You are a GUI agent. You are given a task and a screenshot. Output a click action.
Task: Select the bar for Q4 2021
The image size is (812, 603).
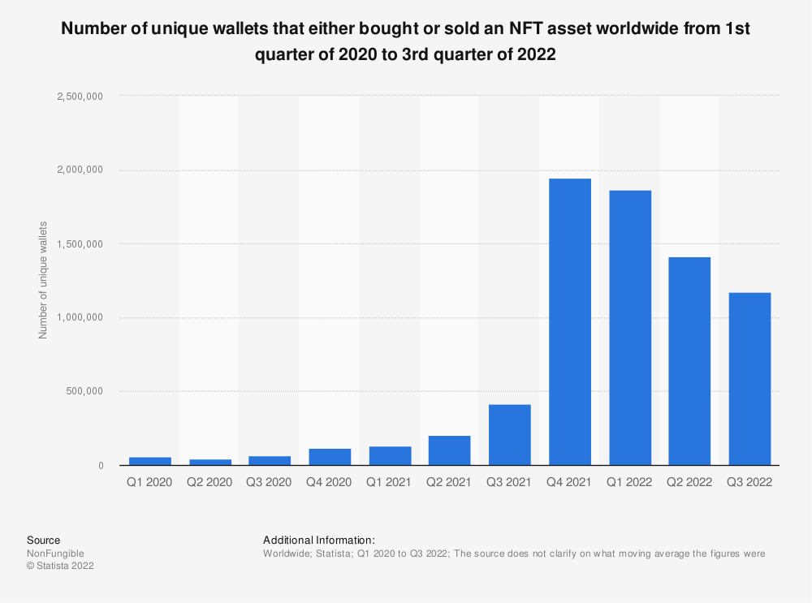(570, 322)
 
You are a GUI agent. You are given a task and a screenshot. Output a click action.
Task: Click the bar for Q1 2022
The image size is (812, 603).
(630, 328)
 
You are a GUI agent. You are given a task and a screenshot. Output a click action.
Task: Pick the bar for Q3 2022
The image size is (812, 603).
(749, 379)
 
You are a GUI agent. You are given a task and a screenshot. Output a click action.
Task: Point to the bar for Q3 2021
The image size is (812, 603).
(510, 435)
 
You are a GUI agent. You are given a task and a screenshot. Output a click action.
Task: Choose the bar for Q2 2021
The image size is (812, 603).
(450, 450)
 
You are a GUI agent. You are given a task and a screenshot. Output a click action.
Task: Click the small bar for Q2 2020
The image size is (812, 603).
(209, 462)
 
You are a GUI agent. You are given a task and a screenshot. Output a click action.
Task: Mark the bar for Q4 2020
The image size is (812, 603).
(330, 457)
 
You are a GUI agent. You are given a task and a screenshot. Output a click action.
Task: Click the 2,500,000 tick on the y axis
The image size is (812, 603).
(80, 96)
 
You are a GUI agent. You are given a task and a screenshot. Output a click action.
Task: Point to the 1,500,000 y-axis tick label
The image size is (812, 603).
(80, 243)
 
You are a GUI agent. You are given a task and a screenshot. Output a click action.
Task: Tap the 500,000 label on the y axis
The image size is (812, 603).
(84, 391)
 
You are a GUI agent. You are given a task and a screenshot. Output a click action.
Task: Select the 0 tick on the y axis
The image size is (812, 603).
(100, 466)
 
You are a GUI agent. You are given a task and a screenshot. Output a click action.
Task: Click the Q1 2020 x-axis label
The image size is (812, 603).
(149, 482)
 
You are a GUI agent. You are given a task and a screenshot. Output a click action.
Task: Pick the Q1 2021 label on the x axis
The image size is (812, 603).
(390, 482)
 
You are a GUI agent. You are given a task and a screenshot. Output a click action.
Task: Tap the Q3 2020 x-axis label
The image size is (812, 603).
(270, 482)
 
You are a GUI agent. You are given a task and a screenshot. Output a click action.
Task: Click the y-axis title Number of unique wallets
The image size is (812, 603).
(43, 280)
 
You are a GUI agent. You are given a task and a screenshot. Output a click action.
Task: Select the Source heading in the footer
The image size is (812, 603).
(43, 540)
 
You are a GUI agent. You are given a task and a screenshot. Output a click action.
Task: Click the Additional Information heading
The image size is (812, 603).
(319, 540)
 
